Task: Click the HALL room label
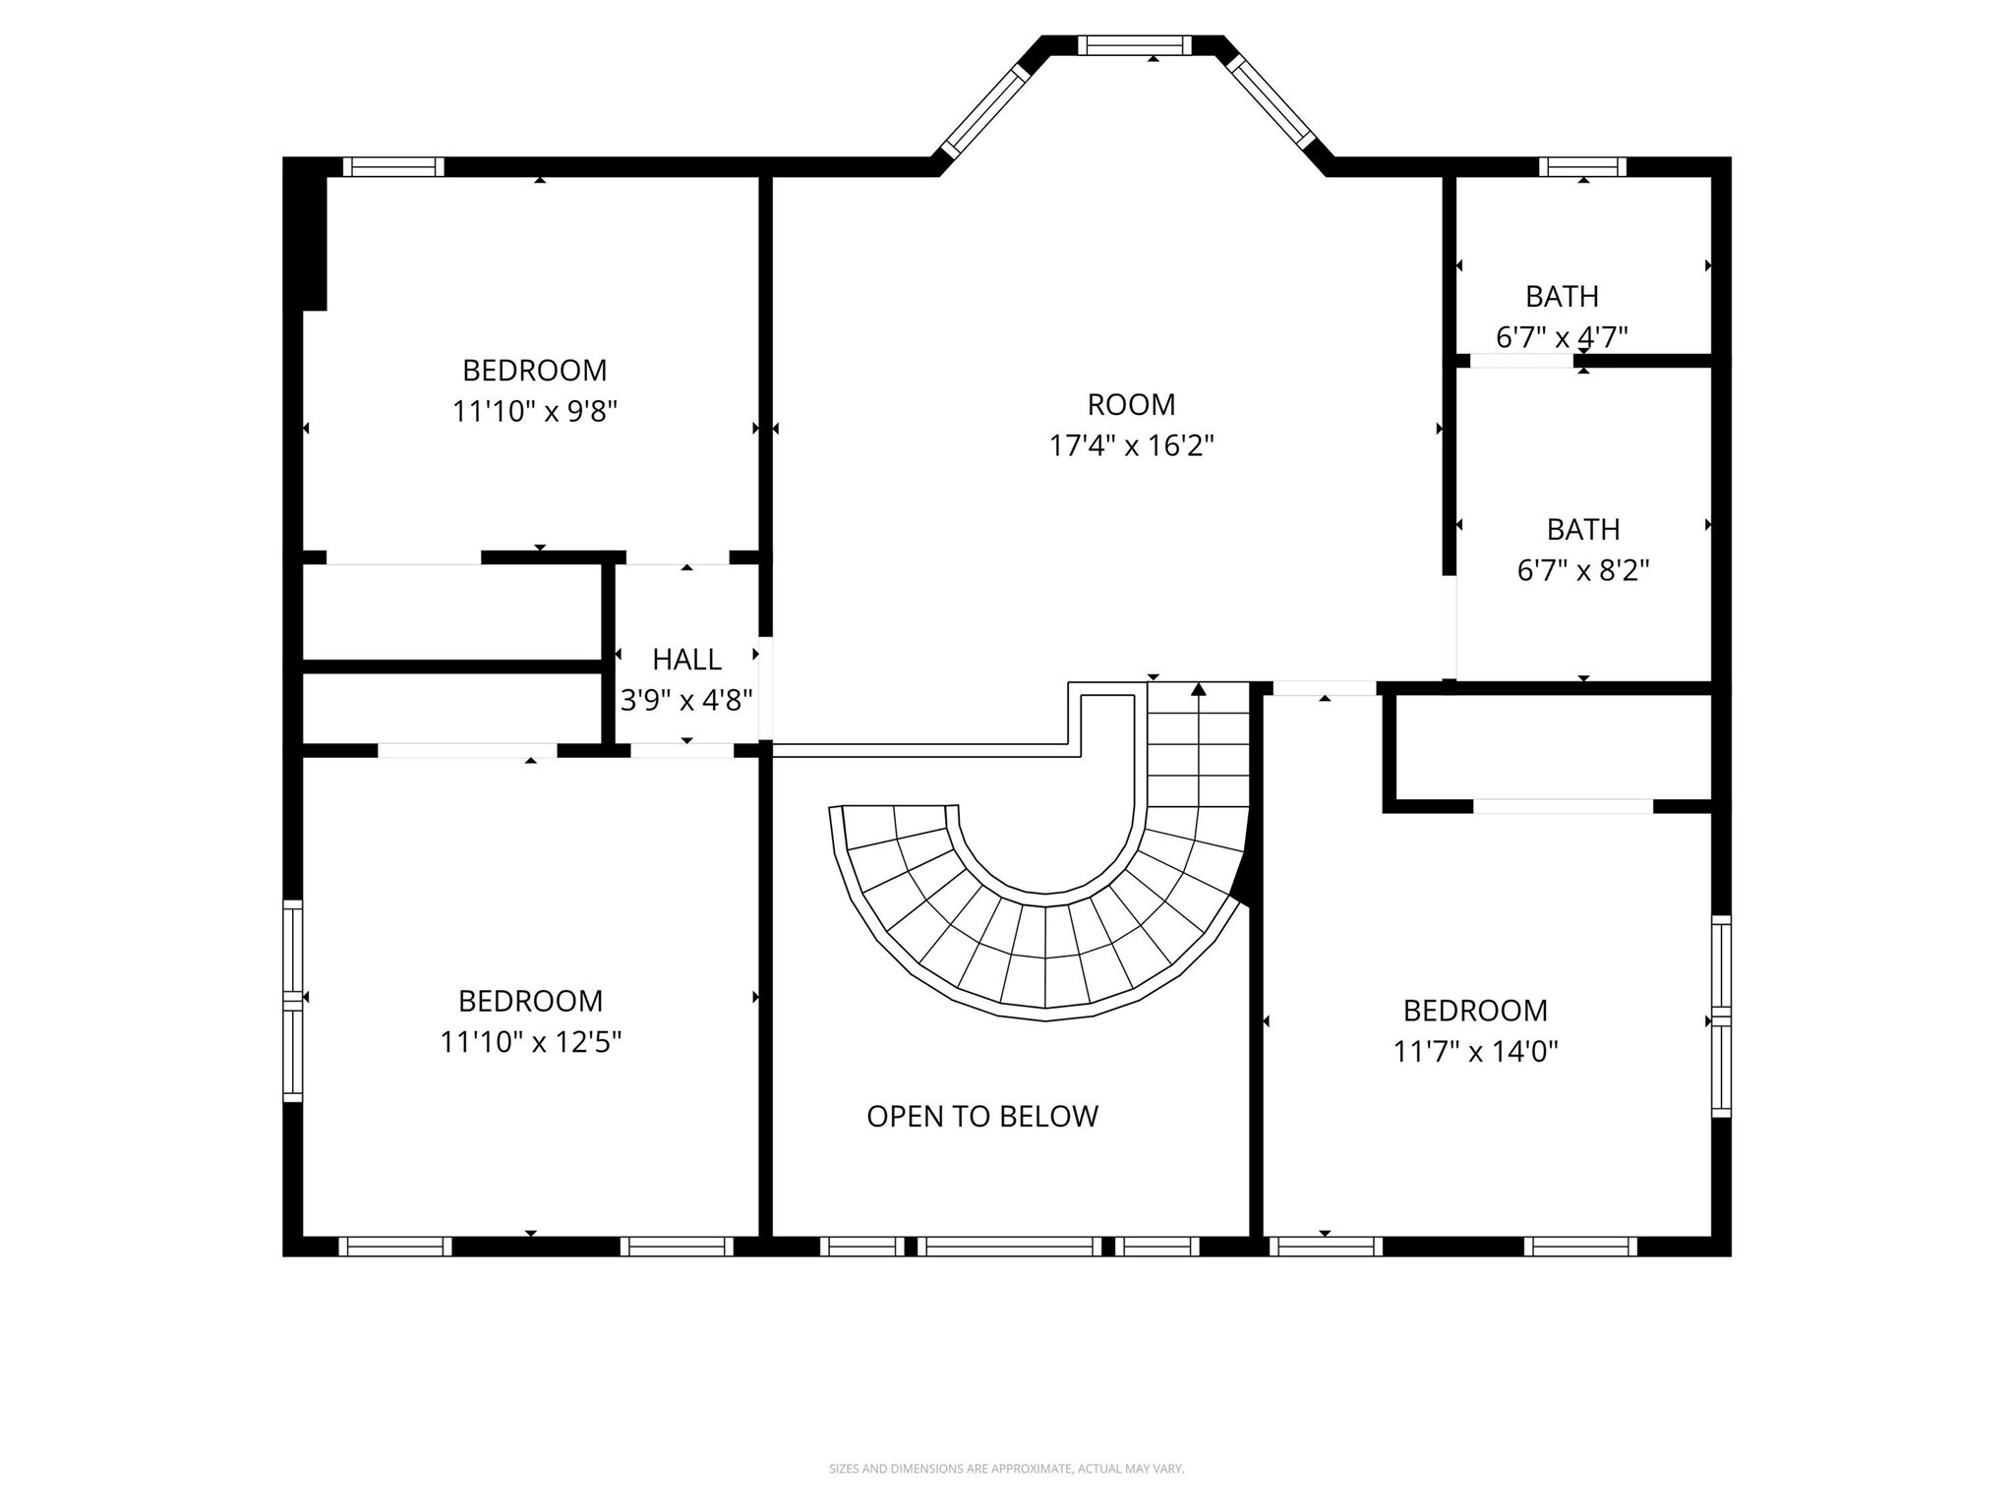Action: point(686,659)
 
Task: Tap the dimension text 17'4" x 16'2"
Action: point(1131,446)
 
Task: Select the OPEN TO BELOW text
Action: point(981,1116)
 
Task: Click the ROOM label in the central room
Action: point(1131,404)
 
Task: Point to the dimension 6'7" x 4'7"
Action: point(1562,337)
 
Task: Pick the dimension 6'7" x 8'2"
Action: point(1582,570)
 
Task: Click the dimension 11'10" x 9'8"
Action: point(534,411)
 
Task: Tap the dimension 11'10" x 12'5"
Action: point(530,1042)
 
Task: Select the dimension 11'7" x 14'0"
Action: point(1475,1052)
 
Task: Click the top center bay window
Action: point(1134,45)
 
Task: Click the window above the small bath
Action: point(1582,167)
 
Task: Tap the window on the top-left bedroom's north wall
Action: point(393,167)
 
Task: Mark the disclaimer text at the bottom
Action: point(1006,1469)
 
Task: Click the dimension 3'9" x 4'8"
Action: point(686,700)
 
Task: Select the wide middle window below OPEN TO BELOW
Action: point(1010,1247)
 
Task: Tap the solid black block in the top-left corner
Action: point(306,234)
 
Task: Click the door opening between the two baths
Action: point(1519,361)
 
